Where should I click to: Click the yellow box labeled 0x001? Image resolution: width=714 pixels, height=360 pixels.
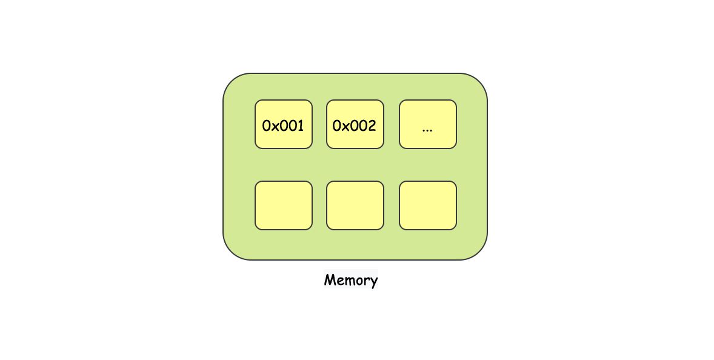tap(283, 124)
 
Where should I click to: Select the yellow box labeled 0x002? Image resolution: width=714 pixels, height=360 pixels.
tap(355, 124)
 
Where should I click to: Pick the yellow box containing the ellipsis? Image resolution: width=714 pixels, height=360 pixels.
tap(427, 124)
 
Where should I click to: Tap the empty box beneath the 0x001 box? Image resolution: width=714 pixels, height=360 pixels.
tap(283, 205)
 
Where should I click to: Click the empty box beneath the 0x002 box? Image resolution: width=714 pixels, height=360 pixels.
tap(355, 205)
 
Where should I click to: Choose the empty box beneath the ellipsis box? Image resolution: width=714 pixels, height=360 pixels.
tap(427, 205)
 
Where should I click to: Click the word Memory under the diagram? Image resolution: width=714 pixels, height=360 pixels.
tap(350, 280)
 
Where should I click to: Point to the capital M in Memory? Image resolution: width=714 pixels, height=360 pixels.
tap(329, 280)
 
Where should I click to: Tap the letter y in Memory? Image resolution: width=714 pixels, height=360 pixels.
tap(373, 282)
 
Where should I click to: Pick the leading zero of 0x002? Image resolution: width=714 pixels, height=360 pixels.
tap(338, 126)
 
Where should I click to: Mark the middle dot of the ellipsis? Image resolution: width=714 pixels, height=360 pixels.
tap(427, 130)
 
